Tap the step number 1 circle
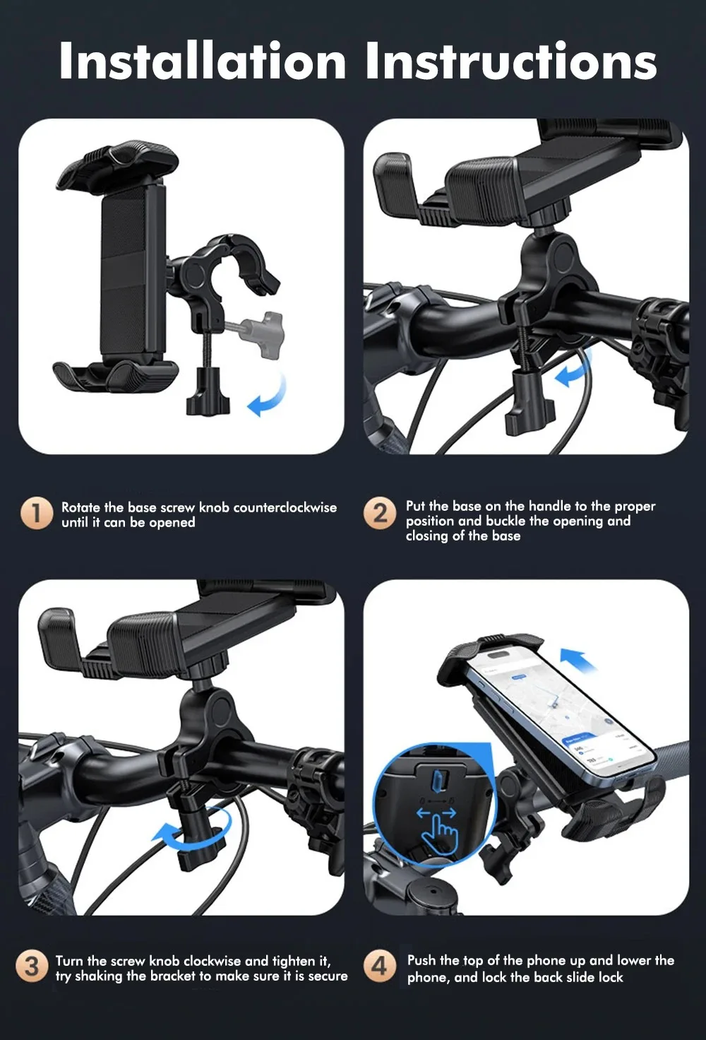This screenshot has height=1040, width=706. click(x=37, y=513)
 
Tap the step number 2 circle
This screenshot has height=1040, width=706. click(x=380, y=513)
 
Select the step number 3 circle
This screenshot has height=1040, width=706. click(x=32, y=967)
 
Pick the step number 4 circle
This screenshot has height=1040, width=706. click(x=380, y=967)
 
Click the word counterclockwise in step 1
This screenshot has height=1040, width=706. click(x=285, y=507)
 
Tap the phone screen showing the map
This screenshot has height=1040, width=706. click(x=561, y=717)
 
